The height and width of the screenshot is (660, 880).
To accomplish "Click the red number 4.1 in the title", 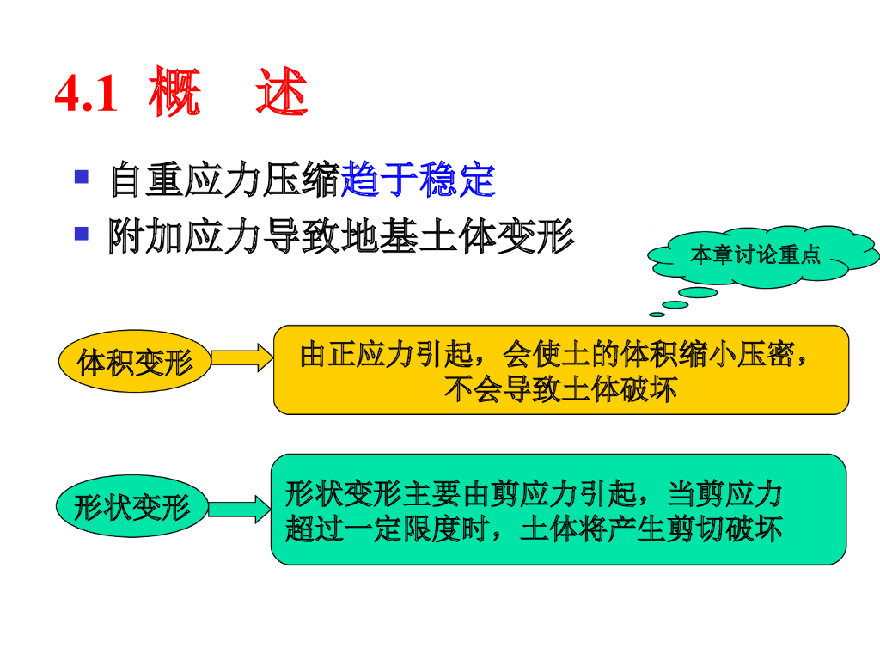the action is pos(86,95).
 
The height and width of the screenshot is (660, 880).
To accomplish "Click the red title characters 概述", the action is pos(228,95).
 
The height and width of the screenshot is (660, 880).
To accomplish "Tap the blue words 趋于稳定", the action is pos(419,180).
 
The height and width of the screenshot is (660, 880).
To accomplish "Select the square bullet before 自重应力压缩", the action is pos(82,177).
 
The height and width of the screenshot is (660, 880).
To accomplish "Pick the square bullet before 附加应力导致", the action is pos(82,232).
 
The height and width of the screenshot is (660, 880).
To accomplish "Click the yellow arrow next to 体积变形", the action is pos(241,357).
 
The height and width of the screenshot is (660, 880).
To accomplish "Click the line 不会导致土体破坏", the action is pos(560,390).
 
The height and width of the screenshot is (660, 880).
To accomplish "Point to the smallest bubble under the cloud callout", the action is pos(657,313).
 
